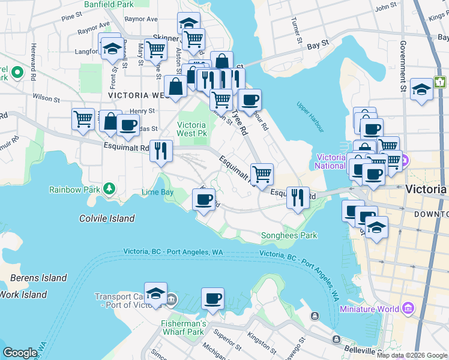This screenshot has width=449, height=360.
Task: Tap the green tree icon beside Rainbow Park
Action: [x=109, y=189]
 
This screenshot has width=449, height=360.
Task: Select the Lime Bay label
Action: [x=157, y=193]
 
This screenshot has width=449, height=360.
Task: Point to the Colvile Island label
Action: [x=107, y=218]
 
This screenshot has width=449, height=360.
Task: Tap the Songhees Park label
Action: [x=289, y=236]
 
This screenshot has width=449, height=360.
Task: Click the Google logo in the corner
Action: [x=20, y=353]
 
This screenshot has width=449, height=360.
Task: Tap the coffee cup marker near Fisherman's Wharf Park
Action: [x=212, y=298]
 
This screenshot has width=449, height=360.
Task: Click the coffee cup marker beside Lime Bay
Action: [x=203, y=198]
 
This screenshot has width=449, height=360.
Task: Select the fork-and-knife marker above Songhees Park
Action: [x=298, y=196]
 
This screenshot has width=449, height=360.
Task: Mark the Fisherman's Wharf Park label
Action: [x=183, y=328]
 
